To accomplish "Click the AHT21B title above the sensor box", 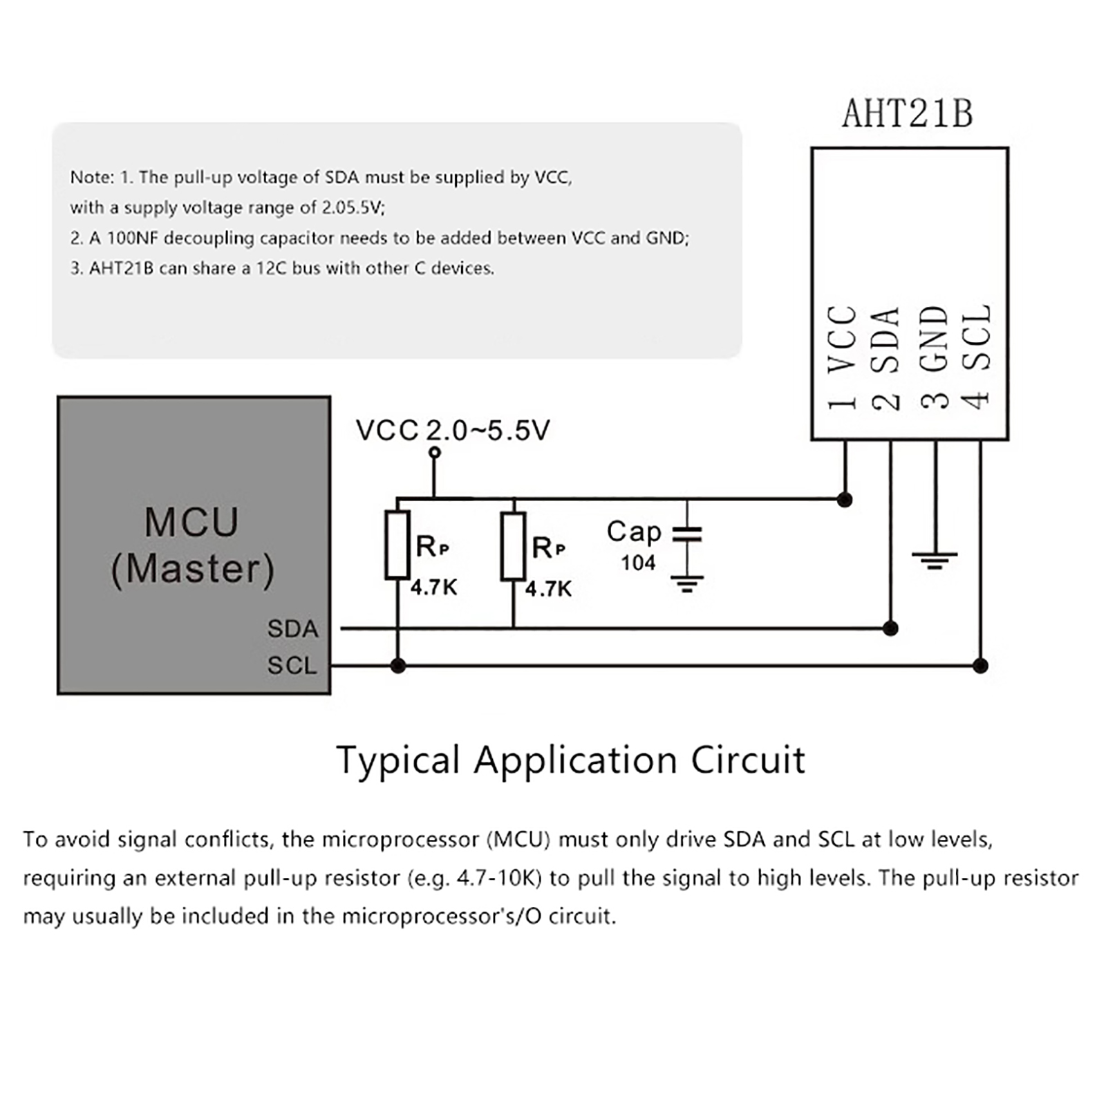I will coord(907,114).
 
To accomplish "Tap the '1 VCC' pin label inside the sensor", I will coord(843,358).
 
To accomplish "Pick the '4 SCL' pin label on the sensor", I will coord(977,358).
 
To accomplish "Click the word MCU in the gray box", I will coord(191,523).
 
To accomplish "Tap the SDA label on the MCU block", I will coord(292,629).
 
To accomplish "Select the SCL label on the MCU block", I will coord(292,666).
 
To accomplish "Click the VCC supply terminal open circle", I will coord(434,453).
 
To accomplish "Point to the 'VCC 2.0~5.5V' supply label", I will coord(453,431).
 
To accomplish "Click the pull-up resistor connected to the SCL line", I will coord(397,545).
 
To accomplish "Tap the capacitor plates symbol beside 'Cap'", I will coord(686,533).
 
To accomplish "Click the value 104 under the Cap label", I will coord(637,563).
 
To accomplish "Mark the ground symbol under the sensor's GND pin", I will coord(935,560).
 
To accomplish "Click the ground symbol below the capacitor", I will coord(686,584).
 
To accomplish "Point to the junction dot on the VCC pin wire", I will coord(844,500).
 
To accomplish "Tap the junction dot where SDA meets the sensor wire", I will coord(890,628).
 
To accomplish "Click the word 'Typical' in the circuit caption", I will coord(397,761).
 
